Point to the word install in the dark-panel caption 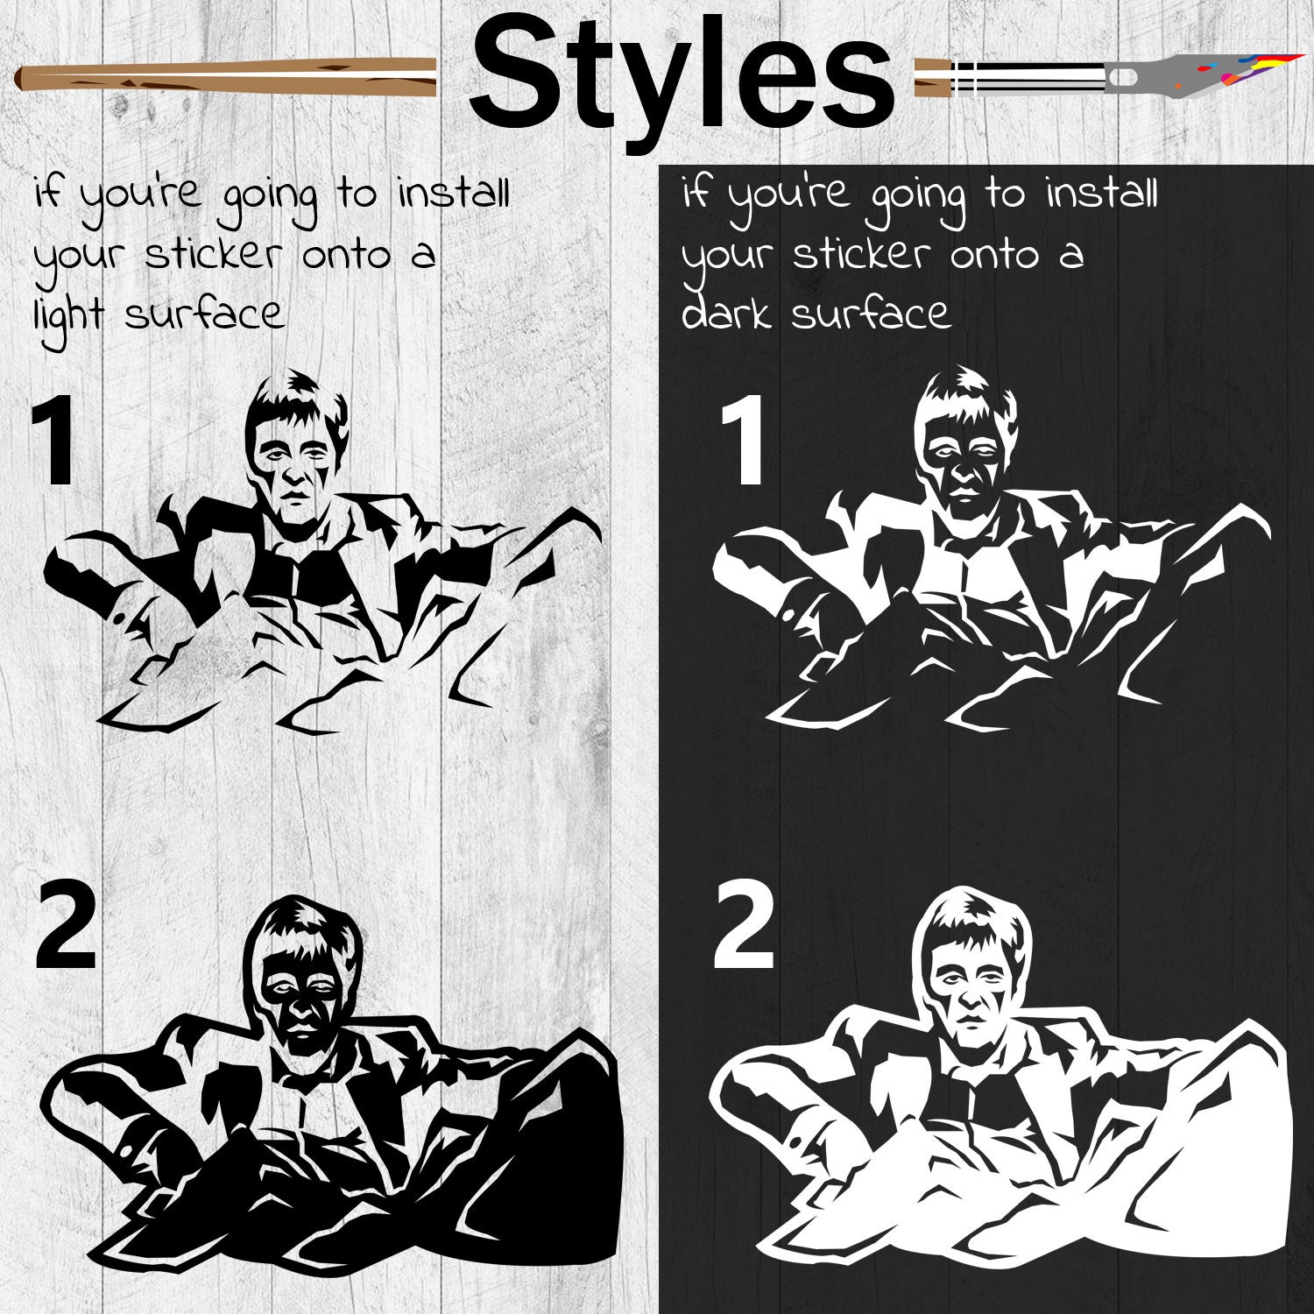click(x=1101, y=193)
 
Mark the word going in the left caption click(x=269, y=200)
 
